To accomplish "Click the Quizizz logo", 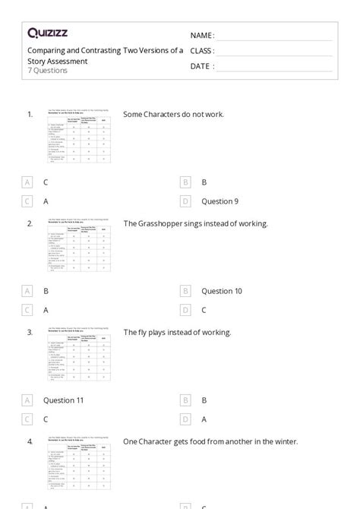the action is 49,33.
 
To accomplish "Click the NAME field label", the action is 202,36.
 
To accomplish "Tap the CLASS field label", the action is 203,51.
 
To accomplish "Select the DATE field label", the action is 201,66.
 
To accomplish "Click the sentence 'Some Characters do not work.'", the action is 173,115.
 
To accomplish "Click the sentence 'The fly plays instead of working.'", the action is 177,332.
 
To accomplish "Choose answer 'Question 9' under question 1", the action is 219,201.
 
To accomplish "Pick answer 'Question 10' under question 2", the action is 222,291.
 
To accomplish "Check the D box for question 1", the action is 185,201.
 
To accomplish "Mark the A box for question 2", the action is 27,291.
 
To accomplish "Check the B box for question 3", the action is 185,400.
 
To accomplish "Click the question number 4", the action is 30,441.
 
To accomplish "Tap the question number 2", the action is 30,223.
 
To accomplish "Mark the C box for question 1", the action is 27,201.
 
